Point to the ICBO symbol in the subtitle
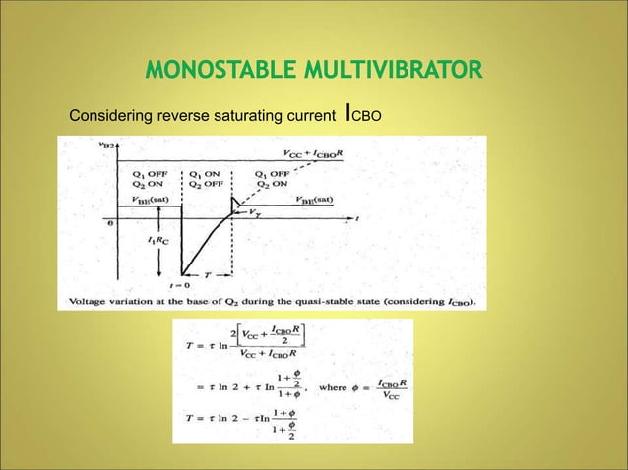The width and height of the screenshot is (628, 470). click(x=360, y=117)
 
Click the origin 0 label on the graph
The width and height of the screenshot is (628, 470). click(x=111, y=223)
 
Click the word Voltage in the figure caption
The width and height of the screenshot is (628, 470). click(x=94, y=300)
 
